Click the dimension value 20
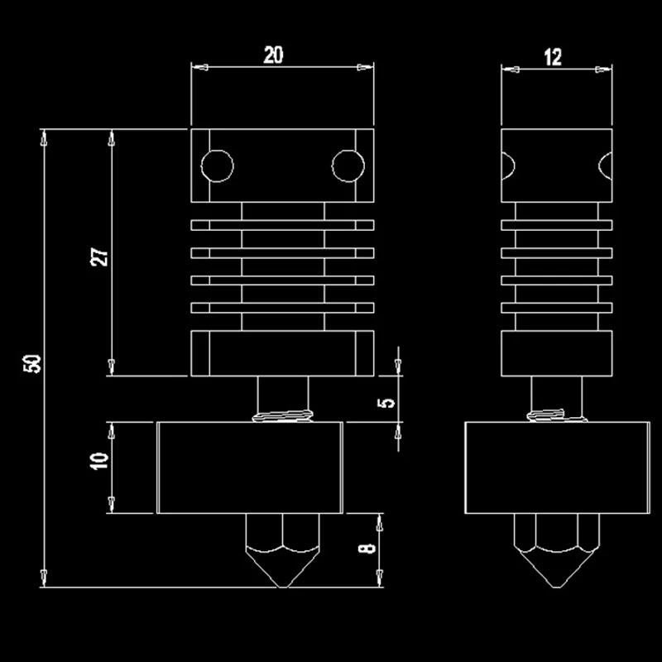(x=274, y=55)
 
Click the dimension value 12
(x=554, y=56)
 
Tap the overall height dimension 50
(x=32, y=363)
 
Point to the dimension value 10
(x=100, y=461)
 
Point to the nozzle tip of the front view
(x=282, y=584)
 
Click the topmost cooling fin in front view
(x=282, y=224)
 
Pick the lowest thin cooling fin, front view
(x=282, y=308)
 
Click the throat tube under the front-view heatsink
(x=282, y=393)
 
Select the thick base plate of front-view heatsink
(x=282, y=353)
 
